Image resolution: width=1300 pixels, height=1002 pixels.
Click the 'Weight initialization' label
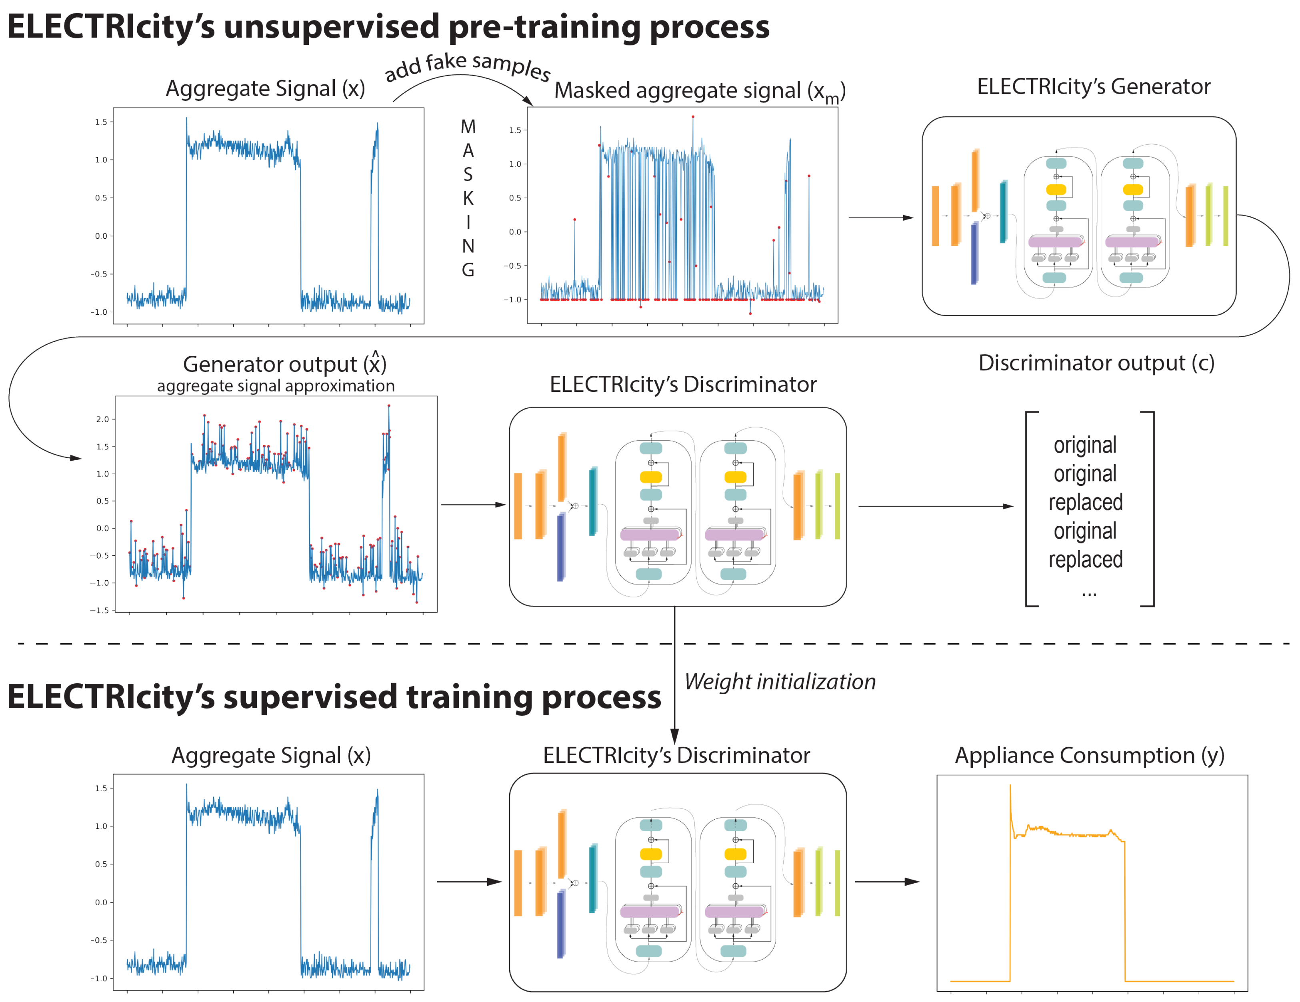pos(780,682)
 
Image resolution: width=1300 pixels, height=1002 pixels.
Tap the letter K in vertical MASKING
pos(468,198)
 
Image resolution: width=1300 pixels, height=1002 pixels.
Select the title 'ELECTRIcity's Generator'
pos(1094,87)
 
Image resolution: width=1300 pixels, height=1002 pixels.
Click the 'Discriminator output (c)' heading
pos(1096,363)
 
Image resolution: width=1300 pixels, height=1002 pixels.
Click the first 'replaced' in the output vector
pos(1085,502)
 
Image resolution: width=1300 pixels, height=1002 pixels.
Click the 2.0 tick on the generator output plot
pos(102,419)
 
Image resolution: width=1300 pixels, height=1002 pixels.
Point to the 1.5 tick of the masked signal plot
pos(516,130)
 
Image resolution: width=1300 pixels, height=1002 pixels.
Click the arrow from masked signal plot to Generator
pos(880,218)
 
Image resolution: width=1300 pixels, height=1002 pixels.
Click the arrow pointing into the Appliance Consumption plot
pos(887,881)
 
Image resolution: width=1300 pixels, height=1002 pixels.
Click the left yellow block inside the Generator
pos(1056,190)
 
